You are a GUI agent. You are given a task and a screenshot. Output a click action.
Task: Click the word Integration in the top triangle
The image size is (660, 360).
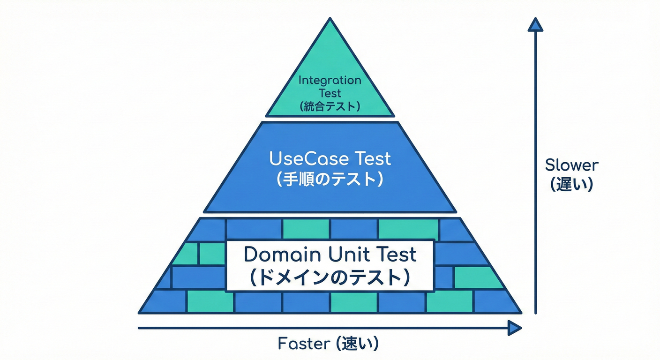coord(330,80)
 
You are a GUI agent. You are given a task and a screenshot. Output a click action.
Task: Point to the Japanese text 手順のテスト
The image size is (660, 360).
coord(330,180)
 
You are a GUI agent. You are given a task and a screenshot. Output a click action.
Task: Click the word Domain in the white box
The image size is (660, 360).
coord(276,255)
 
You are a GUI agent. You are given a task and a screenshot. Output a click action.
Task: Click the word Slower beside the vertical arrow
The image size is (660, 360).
coord(572,165)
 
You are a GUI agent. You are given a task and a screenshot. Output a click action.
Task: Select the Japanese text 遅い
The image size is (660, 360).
coord(572,185)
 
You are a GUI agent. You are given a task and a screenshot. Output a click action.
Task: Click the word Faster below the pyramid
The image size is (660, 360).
coord(302,344)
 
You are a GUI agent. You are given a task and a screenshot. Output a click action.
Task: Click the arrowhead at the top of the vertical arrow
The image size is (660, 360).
coord(535,24)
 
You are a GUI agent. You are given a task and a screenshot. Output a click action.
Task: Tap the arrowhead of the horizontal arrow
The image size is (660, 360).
coord(515,329)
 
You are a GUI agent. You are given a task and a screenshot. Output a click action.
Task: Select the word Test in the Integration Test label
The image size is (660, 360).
coord(330,93)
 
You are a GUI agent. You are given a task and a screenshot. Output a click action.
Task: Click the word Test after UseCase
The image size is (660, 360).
coord(372,159)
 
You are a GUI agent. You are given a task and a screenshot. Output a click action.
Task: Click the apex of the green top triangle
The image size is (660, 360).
coord(330,20)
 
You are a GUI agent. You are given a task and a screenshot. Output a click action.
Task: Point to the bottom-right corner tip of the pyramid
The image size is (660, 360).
coord(520,312)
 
